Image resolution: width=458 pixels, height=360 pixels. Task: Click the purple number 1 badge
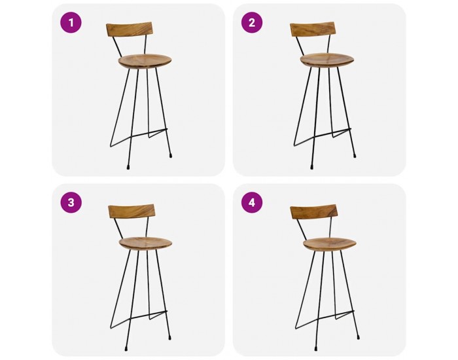point(71,22)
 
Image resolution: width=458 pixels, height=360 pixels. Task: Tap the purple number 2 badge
point(252,22)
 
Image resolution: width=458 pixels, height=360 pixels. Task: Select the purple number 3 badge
point(71,202)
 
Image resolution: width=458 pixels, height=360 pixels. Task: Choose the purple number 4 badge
point(252,202)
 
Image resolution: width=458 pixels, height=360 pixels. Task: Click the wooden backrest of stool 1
point(130,31)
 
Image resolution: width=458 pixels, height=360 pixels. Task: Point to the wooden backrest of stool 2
point(313,29)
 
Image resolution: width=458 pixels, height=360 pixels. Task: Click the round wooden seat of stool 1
point(145,61)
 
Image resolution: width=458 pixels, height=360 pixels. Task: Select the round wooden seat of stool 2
point(327,60)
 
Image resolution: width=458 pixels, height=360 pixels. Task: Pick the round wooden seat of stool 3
point(145,243)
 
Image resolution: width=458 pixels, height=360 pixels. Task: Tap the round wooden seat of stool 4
point(330,244)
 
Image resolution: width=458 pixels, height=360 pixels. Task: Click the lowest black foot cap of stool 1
point(128,168)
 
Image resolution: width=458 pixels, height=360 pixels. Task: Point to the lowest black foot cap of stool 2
point(312,168)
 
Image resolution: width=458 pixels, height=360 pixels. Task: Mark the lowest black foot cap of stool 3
point(126,349)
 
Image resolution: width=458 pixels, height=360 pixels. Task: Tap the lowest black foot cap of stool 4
point(316,349)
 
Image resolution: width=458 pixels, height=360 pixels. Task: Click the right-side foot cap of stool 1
point(171,156)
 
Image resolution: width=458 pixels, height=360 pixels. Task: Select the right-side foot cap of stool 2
point(355,156)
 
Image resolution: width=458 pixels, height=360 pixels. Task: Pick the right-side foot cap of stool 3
point(169,338)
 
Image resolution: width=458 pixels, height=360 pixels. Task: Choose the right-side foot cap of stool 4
point(358,338)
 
